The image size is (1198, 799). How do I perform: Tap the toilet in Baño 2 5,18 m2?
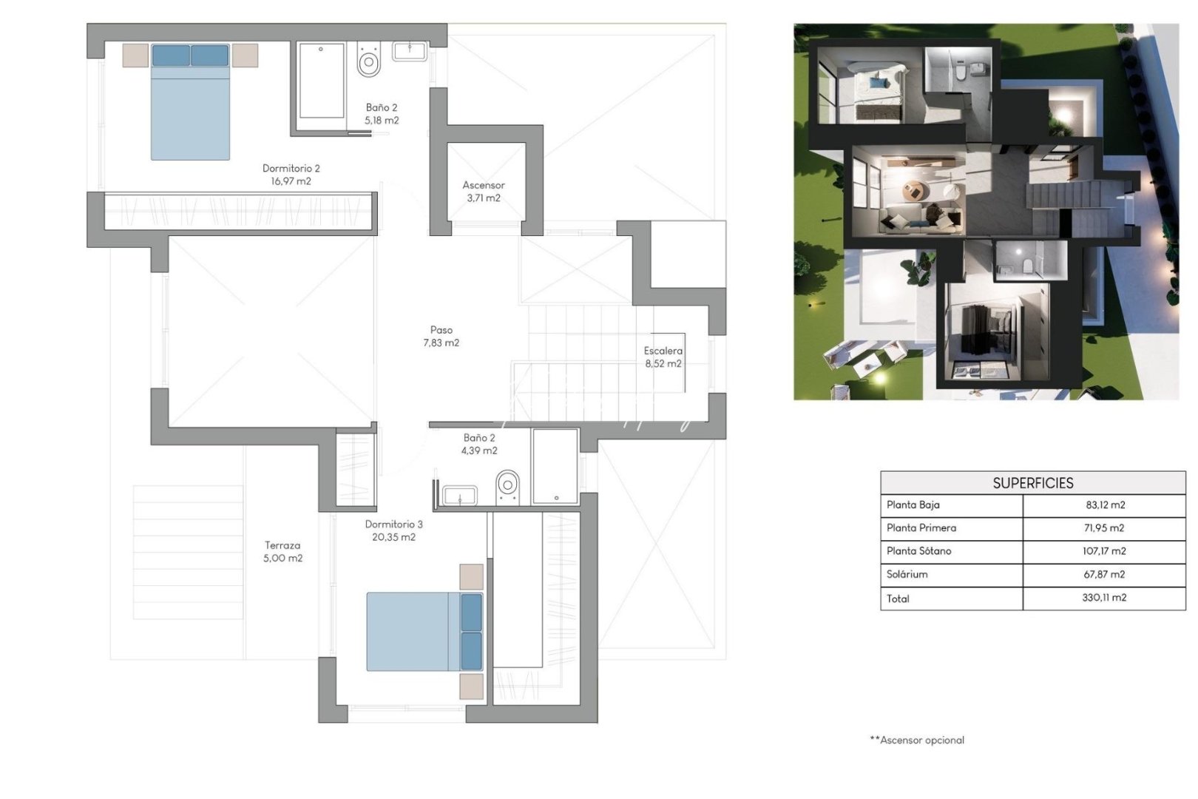click(368, 60)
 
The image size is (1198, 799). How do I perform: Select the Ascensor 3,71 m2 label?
click(484, 192)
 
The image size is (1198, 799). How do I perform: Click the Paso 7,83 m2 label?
click(441, 337)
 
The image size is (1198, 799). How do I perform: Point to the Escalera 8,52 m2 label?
click(663, 357)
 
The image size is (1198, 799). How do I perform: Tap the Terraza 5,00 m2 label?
click(282, 552)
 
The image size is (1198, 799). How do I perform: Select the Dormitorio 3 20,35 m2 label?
click(393, 530)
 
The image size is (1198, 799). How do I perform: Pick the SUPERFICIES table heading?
click(1032, 483)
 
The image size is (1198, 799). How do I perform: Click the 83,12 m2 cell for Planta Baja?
click(1105, 505)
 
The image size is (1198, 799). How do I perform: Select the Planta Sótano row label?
click(918, 551)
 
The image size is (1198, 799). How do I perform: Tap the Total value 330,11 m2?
click(1104, 598)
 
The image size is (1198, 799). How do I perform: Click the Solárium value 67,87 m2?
click(1104, 575)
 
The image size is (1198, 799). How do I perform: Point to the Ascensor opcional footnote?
click(917, 740)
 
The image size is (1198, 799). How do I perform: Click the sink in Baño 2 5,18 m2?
click(409, 51)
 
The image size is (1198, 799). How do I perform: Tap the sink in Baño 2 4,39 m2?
click(459, 496)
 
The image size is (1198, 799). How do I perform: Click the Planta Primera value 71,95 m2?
click(1104, 528)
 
